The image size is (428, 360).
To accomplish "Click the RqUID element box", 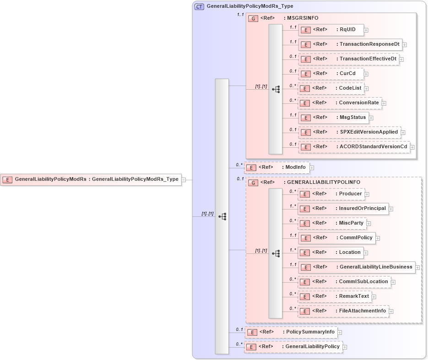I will [x=330, y=30].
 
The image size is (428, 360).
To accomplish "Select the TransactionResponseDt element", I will [x=350, y=44].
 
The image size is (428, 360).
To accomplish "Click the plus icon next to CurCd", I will [x=366, y=74].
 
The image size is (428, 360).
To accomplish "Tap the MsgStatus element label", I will [x=352, y=118].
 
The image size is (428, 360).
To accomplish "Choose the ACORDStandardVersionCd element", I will [x=354, y=147].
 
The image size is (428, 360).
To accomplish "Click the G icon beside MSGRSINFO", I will [x=253, y=18].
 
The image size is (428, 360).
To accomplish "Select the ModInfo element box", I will [x=276, y=167].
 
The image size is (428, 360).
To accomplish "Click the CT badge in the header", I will [x=199, y=7].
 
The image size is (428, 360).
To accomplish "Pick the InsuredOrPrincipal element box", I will [x=343, y=209].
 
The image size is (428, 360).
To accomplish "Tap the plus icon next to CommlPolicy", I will [x=378, y=238].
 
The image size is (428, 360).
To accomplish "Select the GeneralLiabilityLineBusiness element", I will [x=356, y=267].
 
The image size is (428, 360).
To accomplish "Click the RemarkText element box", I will [x=335, y=296].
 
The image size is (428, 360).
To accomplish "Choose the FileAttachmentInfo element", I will [x=343, y=311].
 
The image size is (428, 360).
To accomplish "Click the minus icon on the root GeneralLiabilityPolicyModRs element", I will [x=184, y=180].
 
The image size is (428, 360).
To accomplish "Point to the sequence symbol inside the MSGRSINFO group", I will [x=276, y=89].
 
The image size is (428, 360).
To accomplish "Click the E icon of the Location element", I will [x=305, y=253].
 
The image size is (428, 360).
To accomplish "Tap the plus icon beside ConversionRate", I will [x=384, y=103].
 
